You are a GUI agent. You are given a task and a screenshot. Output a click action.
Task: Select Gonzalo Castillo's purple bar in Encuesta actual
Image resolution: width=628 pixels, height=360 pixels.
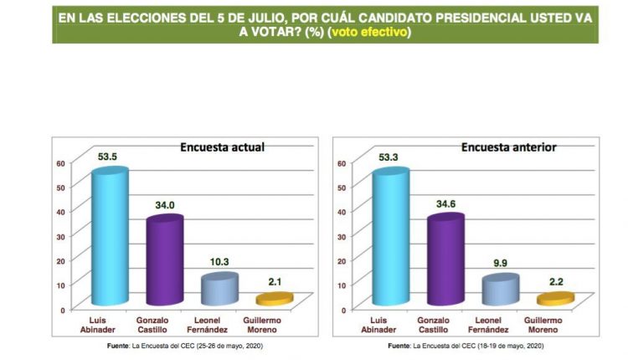click(x=164, y=260)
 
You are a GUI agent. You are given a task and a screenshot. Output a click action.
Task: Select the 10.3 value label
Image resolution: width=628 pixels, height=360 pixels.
click(x=219, y=262)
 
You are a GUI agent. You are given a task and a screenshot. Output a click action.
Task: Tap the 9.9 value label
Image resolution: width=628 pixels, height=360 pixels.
click(x=500, y=263)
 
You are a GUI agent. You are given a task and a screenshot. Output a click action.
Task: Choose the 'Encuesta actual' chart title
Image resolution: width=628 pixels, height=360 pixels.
click(x=223, y=147)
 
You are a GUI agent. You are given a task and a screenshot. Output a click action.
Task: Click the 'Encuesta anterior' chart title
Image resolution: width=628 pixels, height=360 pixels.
click(x=508, y=147)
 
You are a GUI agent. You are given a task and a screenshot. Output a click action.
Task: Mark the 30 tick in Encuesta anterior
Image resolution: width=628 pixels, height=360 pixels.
click(x=342, y=236)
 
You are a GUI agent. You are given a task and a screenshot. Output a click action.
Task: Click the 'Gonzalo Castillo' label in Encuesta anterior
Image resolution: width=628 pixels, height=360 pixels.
click(x=445, y=326)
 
